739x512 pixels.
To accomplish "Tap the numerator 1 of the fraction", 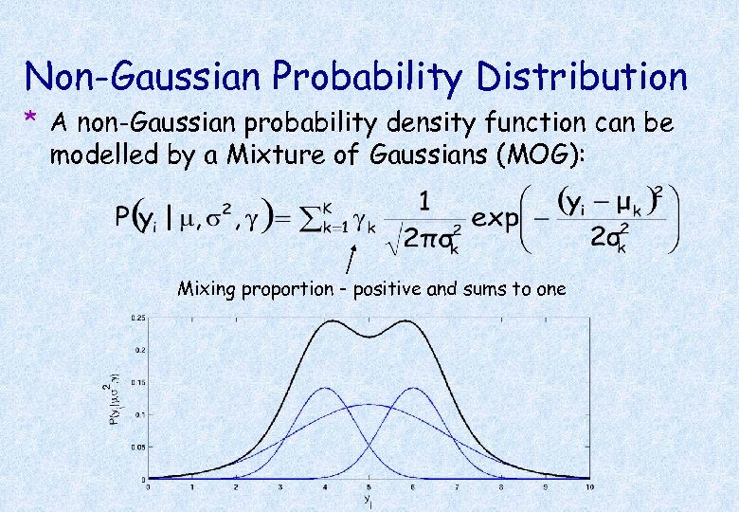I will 425,202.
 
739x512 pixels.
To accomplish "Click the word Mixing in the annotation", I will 205,289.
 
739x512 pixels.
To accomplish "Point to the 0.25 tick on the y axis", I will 138,317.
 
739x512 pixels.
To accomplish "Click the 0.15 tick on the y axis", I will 138,382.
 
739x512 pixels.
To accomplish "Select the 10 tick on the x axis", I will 590,486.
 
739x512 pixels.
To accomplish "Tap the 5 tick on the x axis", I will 369,486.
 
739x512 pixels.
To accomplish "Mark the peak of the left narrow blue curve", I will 324,388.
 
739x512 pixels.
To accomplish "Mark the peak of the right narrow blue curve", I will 413,388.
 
